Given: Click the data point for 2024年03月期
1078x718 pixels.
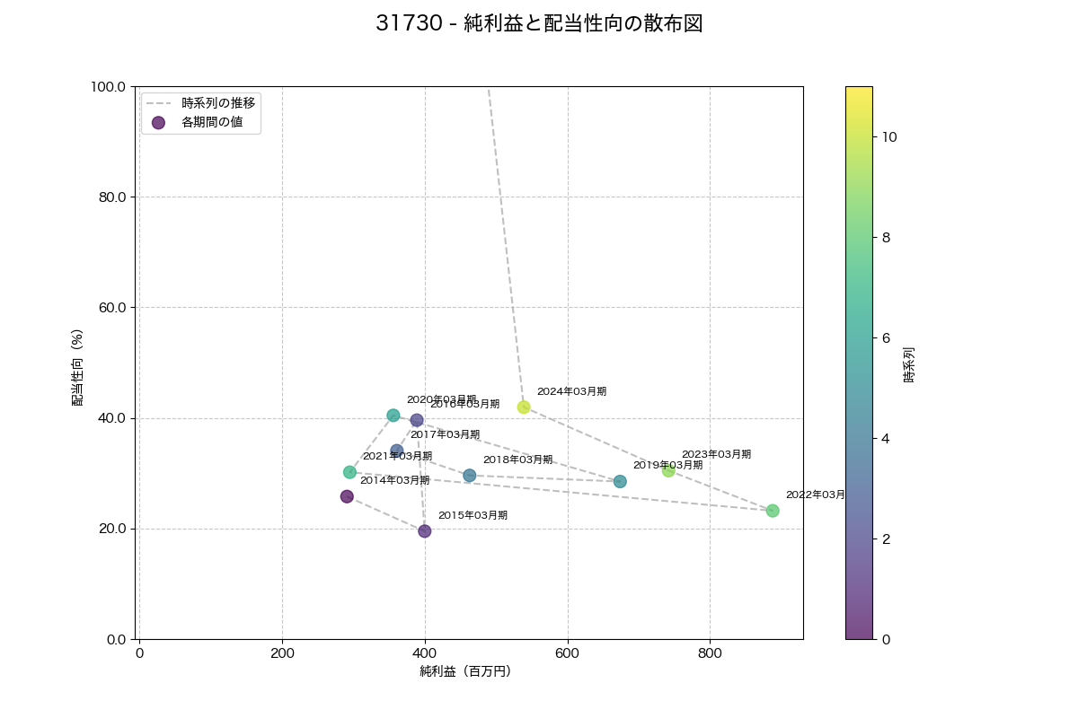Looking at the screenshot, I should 524,407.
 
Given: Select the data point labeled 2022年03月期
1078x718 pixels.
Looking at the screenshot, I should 773,511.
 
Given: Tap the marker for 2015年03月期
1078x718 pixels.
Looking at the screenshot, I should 425,531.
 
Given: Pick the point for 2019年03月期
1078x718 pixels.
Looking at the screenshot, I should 620,482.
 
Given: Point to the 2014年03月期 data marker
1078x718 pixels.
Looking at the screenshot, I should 347,496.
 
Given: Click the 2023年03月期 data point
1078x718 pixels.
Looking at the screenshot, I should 668,470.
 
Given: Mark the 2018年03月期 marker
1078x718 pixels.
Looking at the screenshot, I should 470,476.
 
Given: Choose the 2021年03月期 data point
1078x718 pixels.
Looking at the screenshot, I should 349,472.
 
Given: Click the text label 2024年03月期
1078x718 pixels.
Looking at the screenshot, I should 571,391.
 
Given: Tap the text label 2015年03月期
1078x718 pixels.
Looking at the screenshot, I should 473,515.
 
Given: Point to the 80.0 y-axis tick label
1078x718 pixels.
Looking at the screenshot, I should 112,197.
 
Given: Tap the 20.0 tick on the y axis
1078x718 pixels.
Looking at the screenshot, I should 112,529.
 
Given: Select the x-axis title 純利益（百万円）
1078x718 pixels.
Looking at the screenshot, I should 465,671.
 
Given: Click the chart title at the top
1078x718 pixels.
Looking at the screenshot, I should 539,24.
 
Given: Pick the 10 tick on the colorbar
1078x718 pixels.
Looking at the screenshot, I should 889,137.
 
